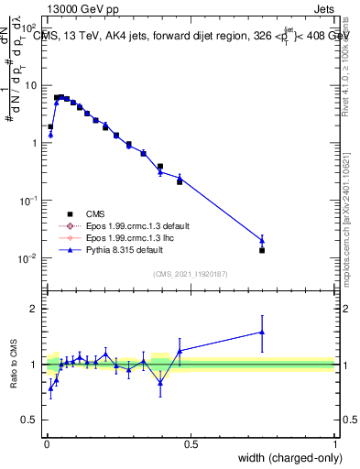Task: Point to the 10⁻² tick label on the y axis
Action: pos(27,258)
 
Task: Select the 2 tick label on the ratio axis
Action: pos(34,309)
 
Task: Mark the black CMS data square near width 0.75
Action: pos(262,250)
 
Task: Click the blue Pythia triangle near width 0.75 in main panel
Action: pos(262,241)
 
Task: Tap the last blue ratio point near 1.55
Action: pos(262,333)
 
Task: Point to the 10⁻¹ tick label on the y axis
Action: pos(27,201)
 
